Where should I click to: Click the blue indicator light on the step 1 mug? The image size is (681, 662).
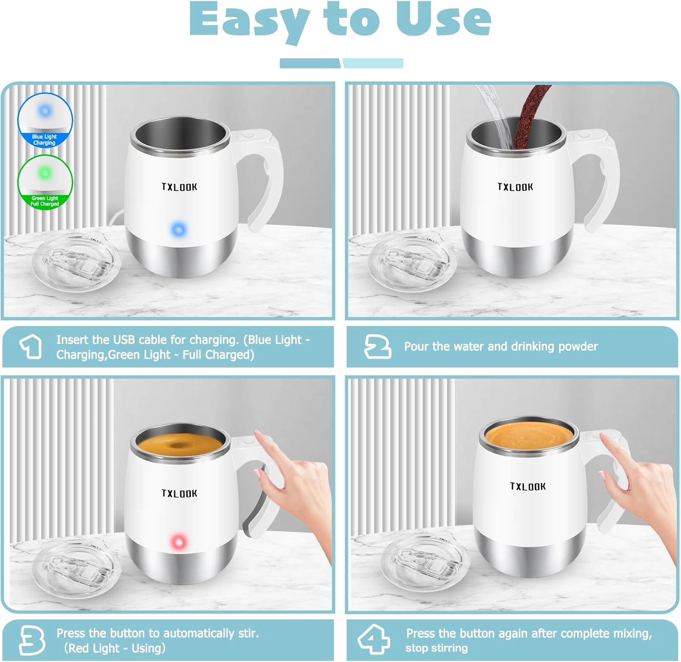[179, 230]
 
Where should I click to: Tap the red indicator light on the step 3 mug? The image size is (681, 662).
[178, 542]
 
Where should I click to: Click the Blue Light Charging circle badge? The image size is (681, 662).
[45, 121]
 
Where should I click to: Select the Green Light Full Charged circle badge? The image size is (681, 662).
[45, 182]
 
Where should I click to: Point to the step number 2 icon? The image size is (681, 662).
[377, 347]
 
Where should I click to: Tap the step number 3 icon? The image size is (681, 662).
[32, 640]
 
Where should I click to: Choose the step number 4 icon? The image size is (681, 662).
[373, 640]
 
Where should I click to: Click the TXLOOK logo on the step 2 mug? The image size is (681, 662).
[515, 187]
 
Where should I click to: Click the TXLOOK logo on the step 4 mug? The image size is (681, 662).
[528, 486]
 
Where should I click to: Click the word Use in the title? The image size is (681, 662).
[443, 20]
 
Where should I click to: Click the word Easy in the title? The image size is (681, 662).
[249, 21]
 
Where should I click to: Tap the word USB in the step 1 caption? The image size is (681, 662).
[124, 340]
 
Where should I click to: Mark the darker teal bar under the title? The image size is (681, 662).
[310, 64]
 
